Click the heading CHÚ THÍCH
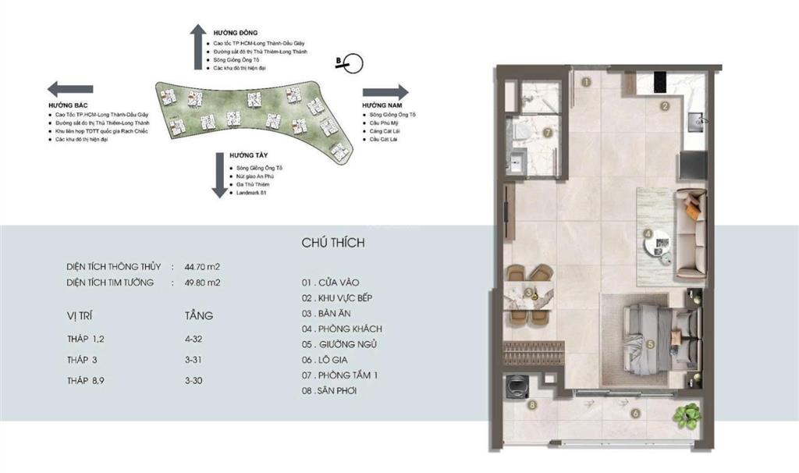(x=333, y=243)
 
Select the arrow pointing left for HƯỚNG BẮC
(x=69, y=88)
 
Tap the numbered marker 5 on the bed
(x=649, y=343)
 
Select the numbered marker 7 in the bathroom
(x=548, y=133)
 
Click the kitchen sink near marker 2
(x=696, y=120)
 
